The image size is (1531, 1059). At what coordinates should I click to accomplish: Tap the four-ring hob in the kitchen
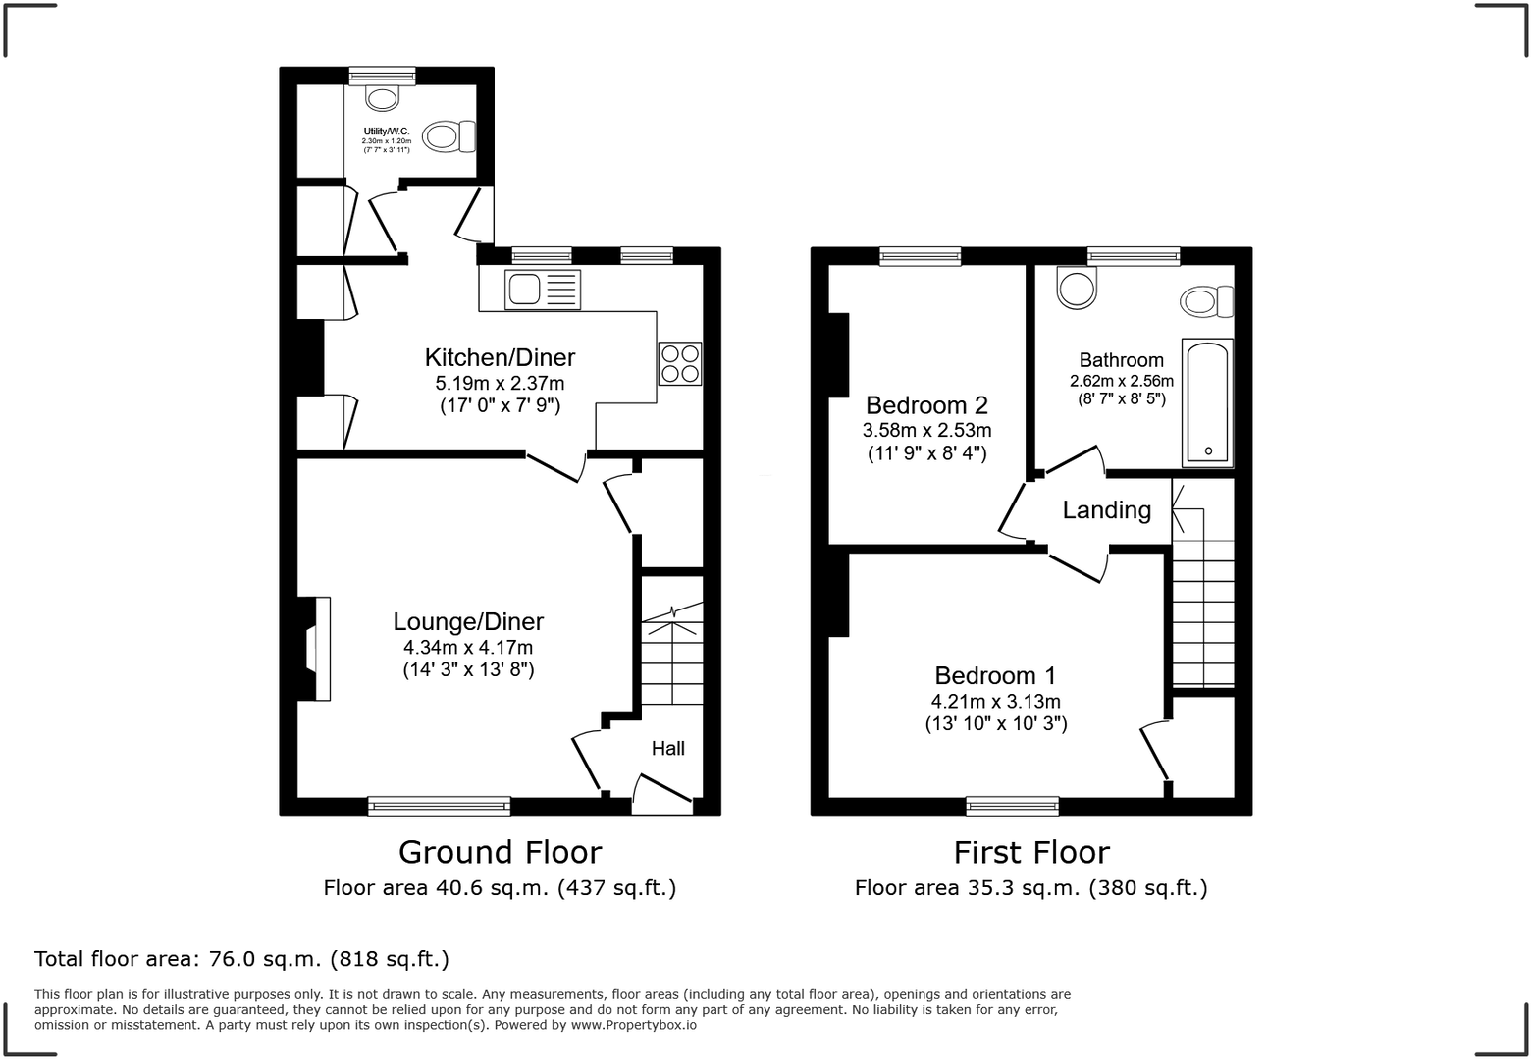[x=680, y=363]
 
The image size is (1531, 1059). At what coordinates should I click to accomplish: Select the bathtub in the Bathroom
[x=1207, y=402]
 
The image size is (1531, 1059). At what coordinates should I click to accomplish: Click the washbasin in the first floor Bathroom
[x=1077, y=288]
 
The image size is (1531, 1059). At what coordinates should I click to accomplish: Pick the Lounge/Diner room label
[x=468, y=621]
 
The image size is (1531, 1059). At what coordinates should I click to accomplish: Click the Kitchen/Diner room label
[x=500, y=357]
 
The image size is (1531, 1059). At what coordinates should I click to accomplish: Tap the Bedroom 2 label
[x=926, y=405]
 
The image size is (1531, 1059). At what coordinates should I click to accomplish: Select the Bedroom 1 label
[x=995, y=675]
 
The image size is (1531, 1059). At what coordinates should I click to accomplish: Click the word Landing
[x=1106, y=510]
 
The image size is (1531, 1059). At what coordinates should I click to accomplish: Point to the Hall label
[x=668, y=749]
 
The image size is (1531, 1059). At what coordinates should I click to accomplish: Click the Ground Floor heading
[x=500, y=852]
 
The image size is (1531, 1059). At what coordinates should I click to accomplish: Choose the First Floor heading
[x=1031, y=852]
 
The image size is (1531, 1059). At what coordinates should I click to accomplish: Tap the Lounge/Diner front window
[x=439, y=806]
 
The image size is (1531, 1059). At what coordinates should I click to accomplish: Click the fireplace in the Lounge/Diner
[x=316, y=649]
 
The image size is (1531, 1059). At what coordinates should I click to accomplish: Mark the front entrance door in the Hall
[x=663, y=793]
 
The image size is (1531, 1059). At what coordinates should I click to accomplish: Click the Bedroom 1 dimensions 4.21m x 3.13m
[x=995, y=702]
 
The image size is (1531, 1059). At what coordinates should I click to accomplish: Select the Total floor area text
[x=241, y=958]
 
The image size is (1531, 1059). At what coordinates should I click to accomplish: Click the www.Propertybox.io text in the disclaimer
[x=634, y=1025]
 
